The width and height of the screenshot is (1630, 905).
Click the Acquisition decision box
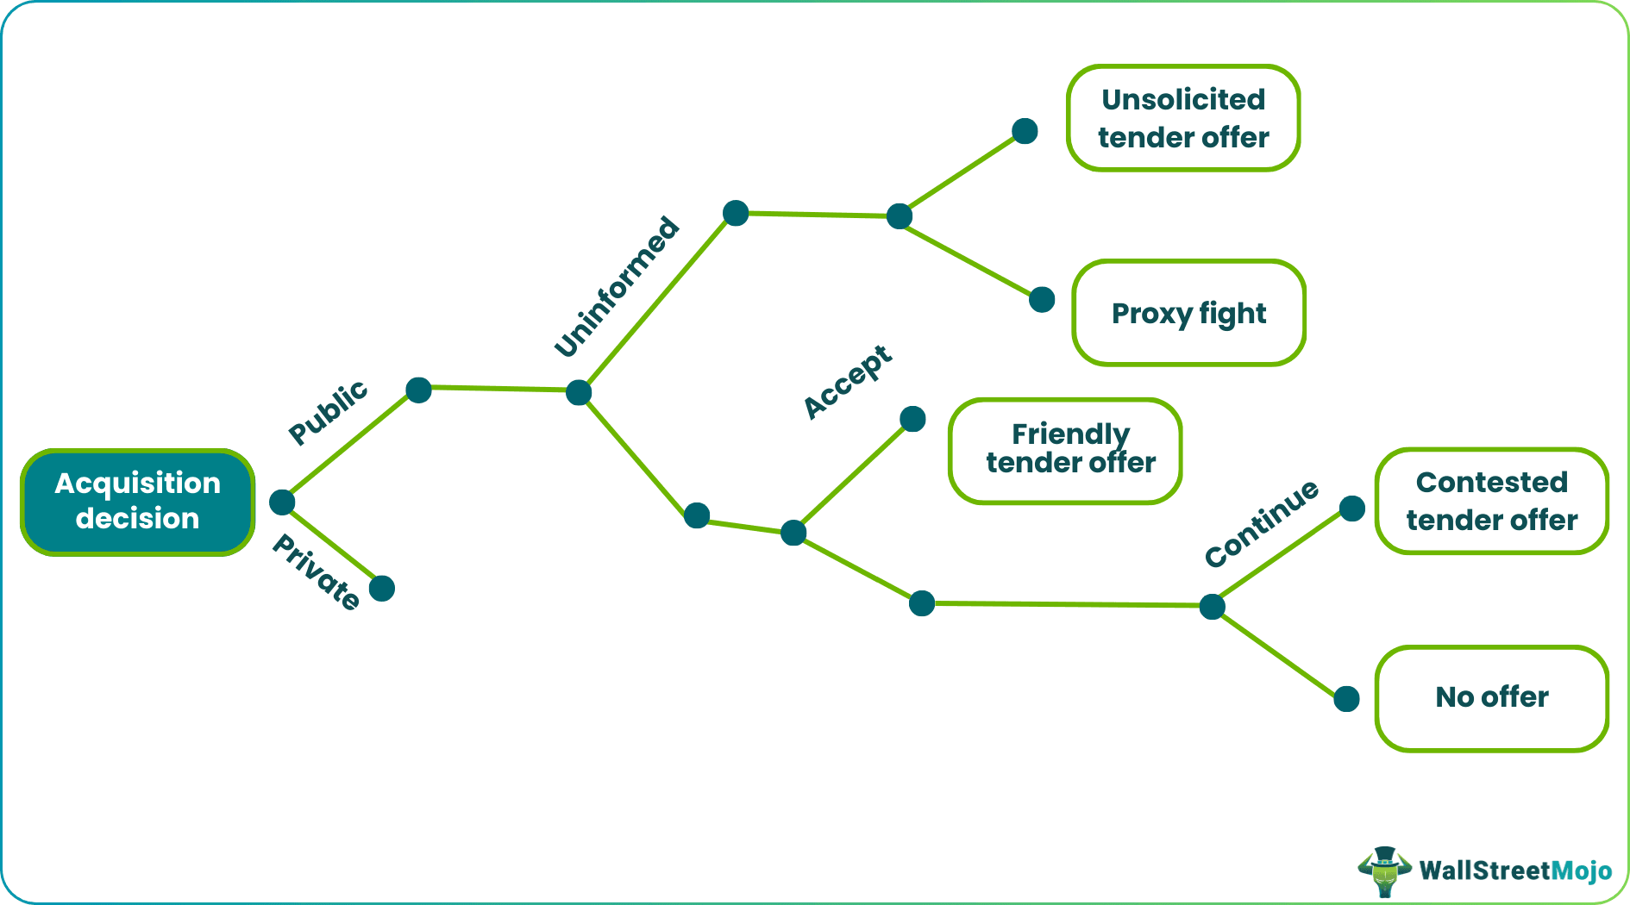point(138,502)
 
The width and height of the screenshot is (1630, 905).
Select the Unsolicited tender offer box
point(1183,118)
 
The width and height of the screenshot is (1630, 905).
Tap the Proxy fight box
point(1188,313)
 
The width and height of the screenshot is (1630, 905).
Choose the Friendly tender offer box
point(1066,450)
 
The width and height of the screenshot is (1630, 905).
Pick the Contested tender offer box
point(1492,501)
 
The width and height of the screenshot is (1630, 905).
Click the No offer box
point(1492,697)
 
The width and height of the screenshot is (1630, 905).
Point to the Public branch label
point(328,412)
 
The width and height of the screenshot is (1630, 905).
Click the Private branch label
point(317,571)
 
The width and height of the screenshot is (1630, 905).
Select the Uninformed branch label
point(617,286)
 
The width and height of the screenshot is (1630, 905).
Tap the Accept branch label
point(848,381)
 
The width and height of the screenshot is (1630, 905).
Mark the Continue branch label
point(1262,523)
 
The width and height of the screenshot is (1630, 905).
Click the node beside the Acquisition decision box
point(282,502)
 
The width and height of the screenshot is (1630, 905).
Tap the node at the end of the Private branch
point(382,589)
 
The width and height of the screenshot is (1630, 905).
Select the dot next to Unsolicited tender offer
point(1025,131)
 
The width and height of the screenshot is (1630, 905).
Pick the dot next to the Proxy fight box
point(1042,299)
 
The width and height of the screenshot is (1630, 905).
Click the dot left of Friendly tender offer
point(912,419)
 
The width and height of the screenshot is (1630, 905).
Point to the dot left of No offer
point(1346,698)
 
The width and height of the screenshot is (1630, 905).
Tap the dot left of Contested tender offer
point(1352,509)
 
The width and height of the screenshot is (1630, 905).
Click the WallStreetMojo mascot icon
point(1384,871)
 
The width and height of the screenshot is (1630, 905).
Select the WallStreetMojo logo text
point(1515,871)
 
